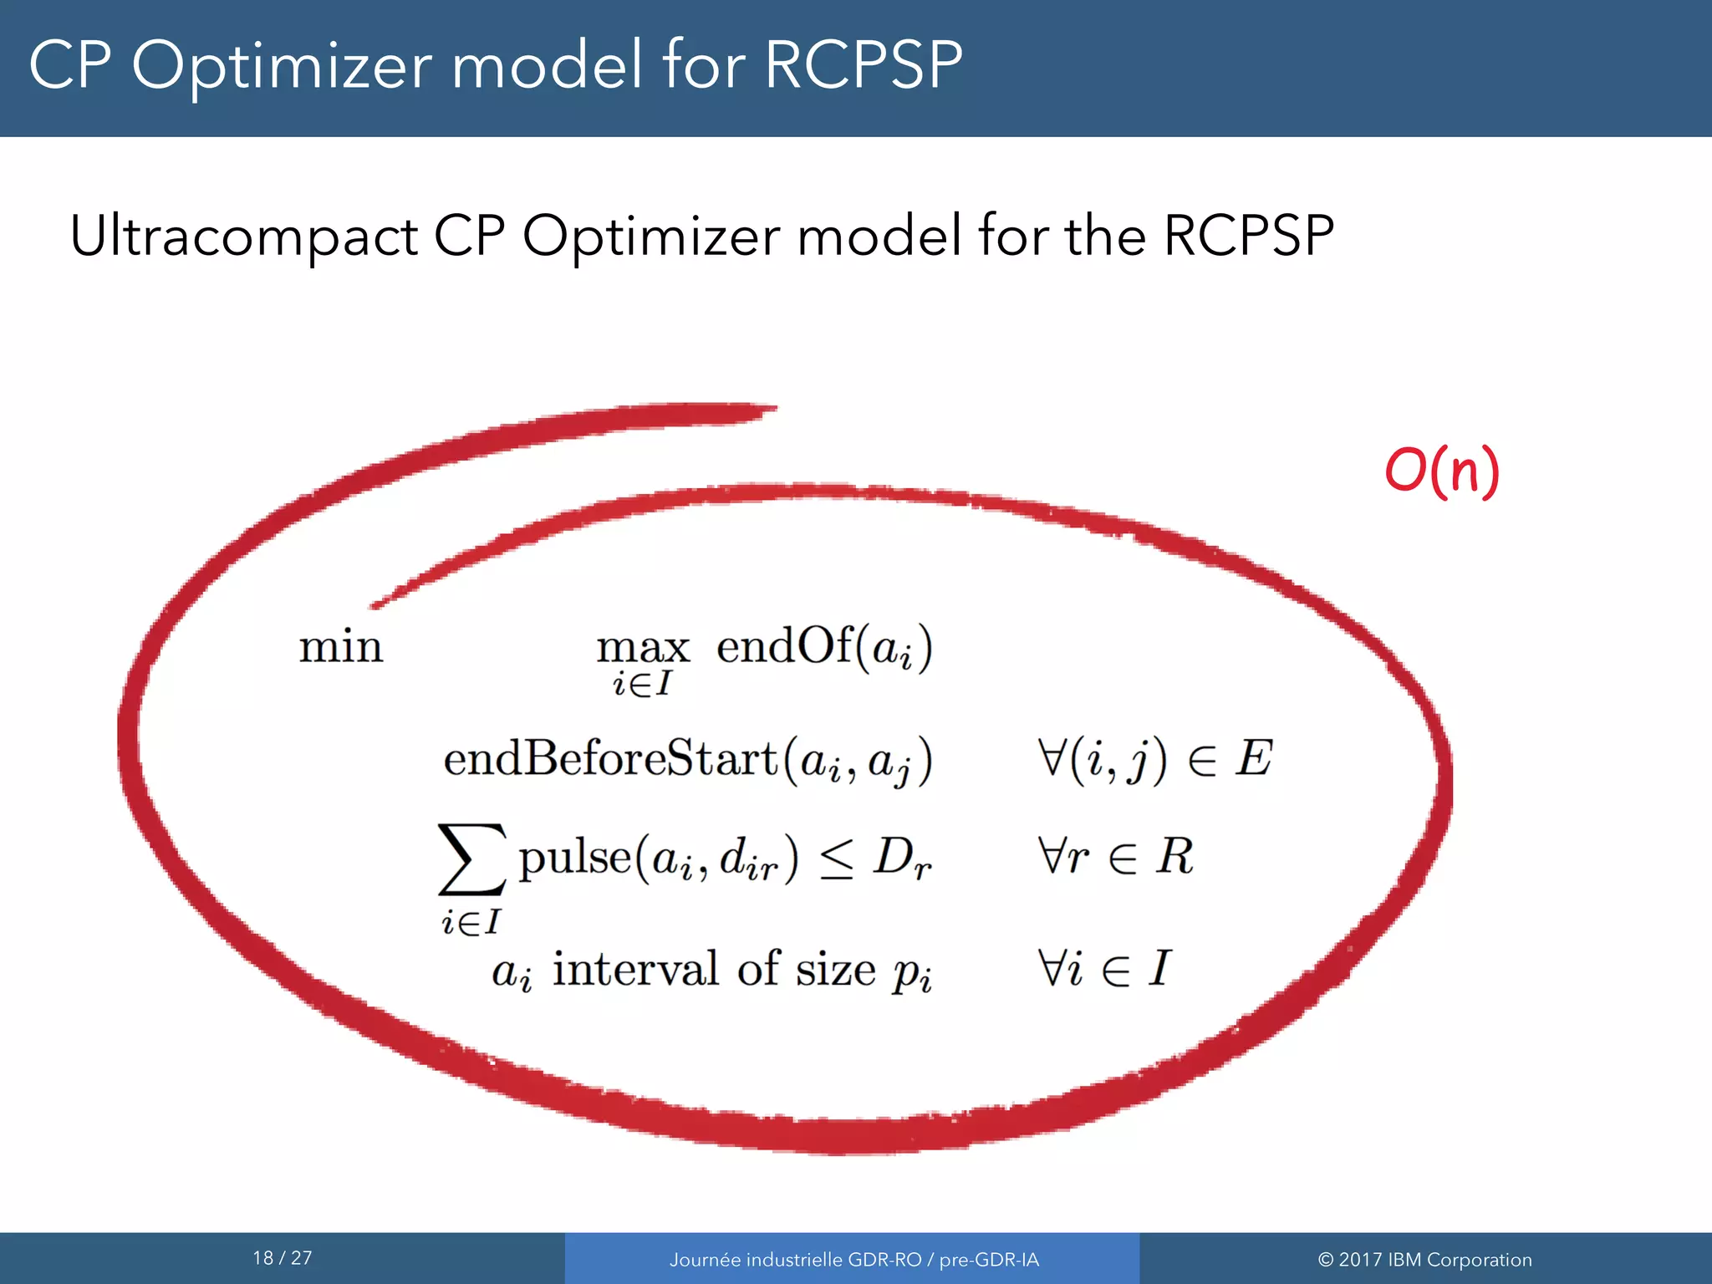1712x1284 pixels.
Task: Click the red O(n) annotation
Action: pos(1442,471)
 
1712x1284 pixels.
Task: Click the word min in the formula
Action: pos(341,648)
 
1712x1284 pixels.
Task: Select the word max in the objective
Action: pos(642,649)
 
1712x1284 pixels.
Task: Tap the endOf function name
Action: pos(784,646)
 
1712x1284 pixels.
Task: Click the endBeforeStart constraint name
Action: pos(610,759)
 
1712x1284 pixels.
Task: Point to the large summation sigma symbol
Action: pos(472,859)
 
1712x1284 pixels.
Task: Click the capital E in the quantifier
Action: pos(1254,759)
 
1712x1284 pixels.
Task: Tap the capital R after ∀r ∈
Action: pos(1174,857)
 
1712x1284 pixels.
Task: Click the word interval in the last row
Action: pos(635,970)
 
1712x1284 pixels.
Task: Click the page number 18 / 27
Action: pos(283,1258)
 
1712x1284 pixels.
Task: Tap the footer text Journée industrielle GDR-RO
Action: pos(794,1260)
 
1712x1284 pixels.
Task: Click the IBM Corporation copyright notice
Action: pos(1424,1260)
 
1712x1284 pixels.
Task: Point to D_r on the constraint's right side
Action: pos(901,859)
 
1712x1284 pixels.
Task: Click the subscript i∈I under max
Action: pos(642,685)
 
